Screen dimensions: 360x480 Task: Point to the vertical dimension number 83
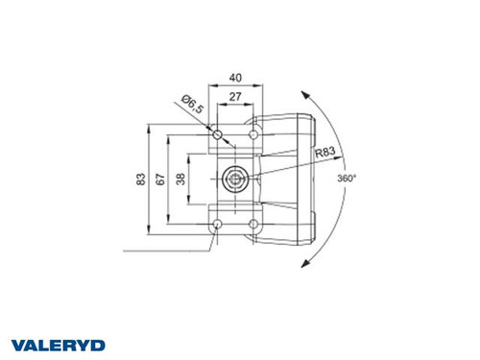click(141, 179)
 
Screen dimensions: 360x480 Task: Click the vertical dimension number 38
click(180, 179)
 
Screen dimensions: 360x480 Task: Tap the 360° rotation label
click(347, 179)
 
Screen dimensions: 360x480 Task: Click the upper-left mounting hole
click(218, 133)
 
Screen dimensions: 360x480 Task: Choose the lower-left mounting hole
click(218, 224)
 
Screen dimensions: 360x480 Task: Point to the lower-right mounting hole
click(254, 224)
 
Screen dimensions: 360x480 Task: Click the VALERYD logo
click(60, 344)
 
